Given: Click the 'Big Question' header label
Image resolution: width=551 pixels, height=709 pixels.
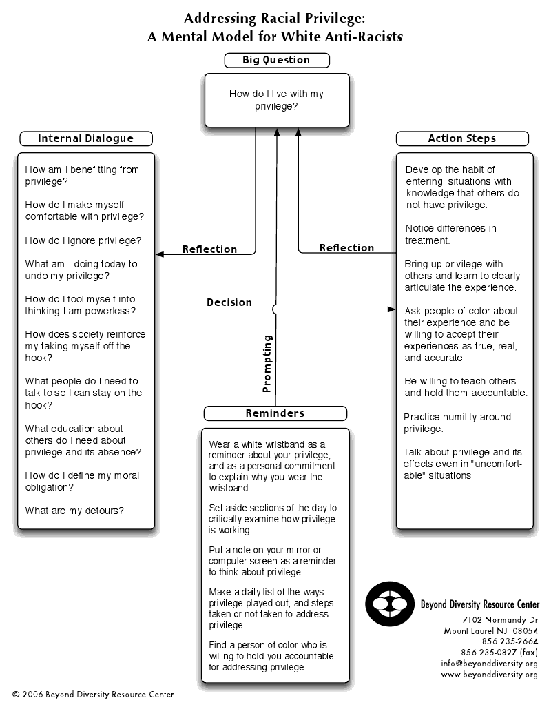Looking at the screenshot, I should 276,60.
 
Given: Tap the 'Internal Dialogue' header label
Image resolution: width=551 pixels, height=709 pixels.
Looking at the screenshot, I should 85,138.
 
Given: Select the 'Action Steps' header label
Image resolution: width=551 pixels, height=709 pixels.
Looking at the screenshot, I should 461,138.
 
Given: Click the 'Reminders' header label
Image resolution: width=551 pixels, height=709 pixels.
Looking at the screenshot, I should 275,413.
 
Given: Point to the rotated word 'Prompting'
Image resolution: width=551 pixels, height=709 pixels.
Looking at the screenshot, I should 268,363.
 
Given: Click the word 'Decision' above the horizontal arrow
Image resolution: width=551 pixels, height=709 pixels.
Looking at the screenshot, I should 229,302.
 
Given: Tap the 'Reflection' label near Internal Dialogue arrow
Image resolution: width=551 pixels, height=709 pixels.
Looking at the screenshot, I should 209,249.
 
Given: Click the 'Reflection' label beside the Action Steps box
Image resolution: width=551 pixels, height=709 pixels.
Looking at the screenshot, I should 346,248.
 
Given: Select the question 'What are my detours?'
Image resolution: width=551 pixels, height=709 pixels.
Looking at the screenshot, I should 74,511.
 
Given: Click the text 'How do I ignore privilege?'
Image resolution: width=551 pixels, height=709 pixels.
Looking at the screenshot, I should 83,240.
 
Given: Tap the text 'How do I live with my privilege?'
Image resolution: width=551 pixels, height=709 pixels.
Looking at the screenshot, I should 276,101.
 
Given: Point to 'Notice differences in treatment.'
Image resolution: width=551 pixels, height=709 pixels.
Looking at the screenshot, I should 450,234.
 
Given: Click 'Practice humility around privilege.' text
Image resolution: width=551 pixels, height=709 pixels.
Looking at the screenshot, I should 457,422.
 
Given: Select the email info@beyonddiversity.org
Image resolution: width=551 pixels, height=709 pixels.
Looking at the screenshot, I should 490,664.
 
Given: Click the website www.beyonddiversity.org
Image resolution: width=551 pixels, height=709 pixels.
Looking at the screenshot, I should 490,675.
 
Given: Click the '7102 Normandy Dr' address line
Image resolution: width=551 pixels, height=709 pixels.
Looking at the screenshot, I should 500,619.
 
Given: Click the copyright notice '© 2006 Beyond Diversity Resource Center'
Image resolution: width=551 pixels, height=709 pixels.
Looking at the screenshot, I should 93,695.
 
